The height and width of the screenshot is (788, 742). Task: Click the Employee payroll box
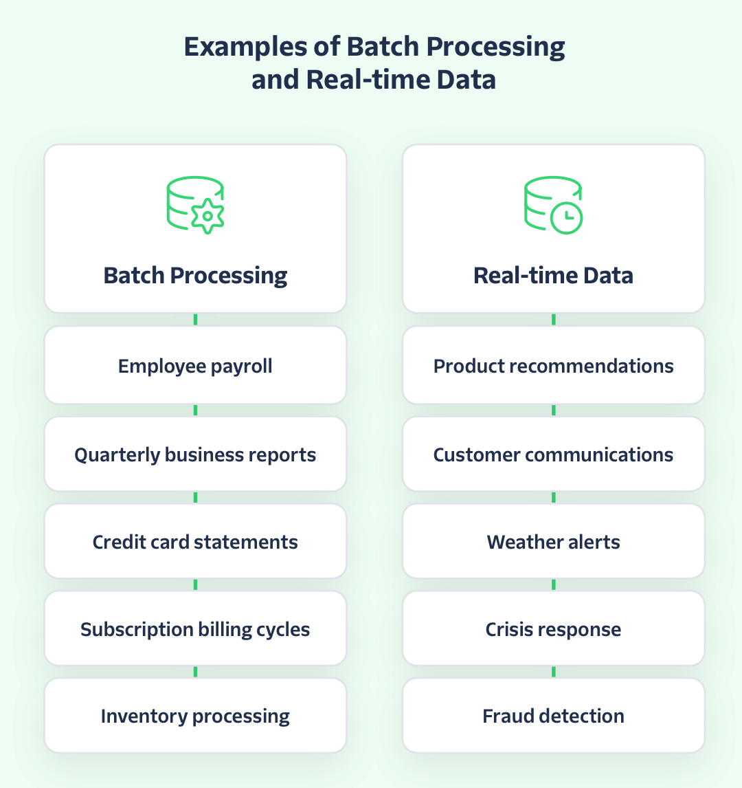pos(195,366)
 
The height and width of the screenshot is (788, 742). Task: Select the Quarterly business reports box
pos(195,455)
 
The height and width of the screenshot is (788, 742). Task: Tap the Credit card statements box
pos(195,542)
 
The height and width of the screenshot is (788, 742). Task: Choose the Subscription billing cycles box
pos(195,629)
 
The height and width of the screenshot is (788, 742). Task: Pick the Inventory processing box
pos(195,716)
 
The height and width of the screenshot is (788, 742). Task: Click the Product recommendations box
pos(553,366)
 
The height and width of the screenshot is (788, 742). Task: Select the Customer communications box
pos(553,455)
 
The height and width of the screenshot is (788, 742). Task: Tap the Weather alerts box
pos(553,542)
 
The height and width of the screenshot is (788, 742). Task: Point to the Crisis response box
pos(553,629)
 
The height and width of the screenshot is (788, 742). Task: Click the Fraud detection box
pos(553,716)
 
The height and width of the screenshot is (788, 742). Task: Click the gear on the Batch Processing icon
pos(207,216)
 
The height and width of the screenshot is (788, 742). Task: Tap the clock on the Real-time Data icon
pos(567,217)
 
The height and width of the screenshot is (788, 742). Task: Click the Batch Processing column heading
pos(195,276)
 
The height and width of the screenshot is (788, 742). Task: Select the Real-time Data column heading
pos(553,276)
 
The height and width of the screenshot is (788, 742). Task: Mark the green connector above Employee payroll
pos(195,320)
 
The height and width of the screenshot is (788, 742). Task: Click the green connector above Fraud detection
pos(553,672)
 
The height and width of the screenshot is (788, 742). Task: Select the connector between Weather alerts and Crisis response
pos(553,584)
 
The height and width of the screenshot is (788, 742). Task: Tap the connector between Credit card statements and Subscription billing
pos(195,584)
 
